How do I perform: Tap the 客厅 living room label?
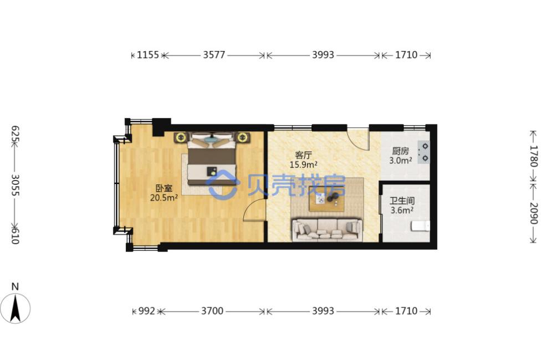click(x=304, y=155)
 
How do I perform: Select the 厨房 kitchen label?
click(x=401, y=151)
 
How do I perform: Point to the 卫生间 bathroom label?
click(x=402, y=201)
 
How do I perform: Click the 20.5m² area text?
click(x=163, y=197)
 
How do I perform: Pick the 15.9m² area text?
click(x=304, y=164)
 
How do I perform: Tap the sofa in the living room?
click(x=327, y=230)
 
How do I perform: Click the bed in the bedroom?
click(x=212, y=158)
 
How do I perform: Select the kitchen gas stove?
click(x=423, y=152)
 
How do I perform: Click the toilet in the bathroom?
click(x=420, y=226)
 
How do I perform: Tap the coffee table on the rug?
click(x=326, y=198)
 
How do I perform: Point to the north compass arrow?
click(x=15, y=308)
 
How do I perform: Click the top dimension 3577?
click(x=214, y=55)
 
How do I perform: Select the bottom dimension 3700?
click(x=212, y=311)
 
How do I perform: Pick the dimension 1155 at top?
click(x=148, y=55)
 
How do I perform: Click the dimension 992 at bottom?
click(x=146, y=311)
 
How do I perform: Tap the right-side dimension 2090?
click(x=534, y=213)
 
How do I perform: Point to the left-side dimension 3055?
click(x=15, y=185)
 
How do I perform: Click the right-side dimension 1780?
click(x=534, y=156)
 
